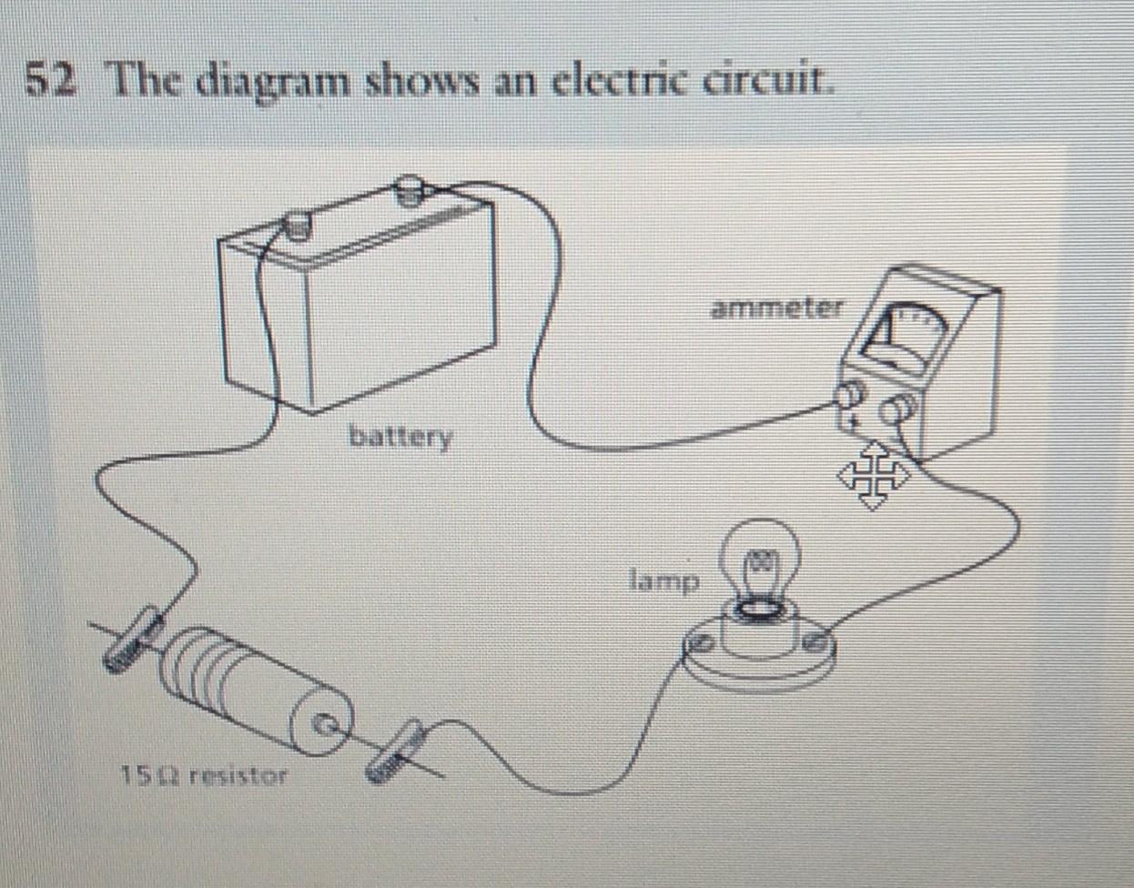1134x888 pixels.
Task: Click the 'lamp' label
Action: point(665,579)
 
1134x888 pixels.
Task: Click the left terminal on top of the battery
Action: point(297,222)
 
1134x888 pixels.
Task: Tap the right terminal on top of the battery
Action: point(410,190)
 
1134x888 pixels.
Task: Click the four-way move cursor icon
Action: point(873,474)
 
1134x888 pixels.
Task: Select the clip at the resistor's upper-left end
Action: point(131,641)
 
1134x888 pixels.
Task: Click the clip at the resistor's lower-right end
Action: point(394,750)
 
